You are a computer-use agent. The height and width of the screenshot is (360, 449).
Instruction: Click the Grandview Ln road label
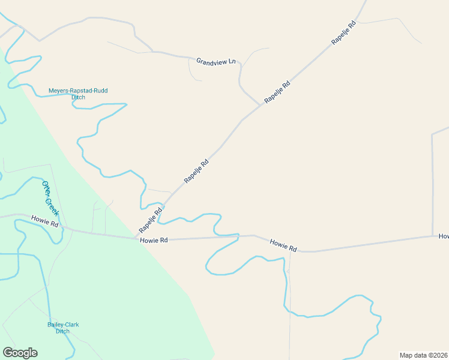(215, 61)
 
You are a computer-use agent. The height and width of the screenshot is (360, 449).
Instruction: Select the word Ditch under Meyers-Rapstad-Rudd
(78, 97)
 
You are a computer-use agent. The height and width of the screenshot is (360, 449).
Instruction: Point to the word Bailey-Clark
(63, 325)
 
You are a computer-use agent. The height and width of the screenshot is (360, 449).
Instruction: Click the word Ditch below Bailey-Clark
(63, 331)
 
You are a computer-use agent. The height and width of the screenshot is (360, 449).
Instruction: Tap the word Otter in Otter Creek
(46, 188)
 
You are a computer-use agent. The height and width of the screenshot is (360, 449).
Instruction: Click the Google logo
(20, 353)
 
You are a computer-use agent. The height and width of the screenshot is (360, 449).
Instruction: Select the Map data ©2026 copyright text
(424, 355)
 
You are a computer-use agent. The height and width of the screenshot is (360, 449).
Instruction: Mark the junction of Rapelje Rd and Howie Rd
(137, 238)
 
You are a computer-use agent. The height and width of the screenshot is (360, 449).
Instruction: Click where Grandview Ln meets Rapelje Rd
(261, 105)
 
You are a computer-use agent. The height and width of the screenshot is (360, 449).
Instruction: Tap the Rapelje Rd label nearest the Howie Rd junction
(151, 221)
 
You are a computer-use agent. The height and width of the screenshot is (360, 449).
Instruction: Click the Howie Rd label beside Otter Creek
(45, 220)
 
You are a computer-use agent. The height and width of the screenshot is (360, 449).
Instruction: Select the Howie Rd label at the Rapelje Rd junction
(153, 240)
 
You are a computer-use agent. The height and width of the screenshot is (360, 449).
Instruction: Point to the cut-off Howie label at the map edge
(444, 236)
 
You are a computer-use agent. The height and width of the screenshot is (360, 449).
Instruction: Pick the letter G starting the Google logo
(8, 353)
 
